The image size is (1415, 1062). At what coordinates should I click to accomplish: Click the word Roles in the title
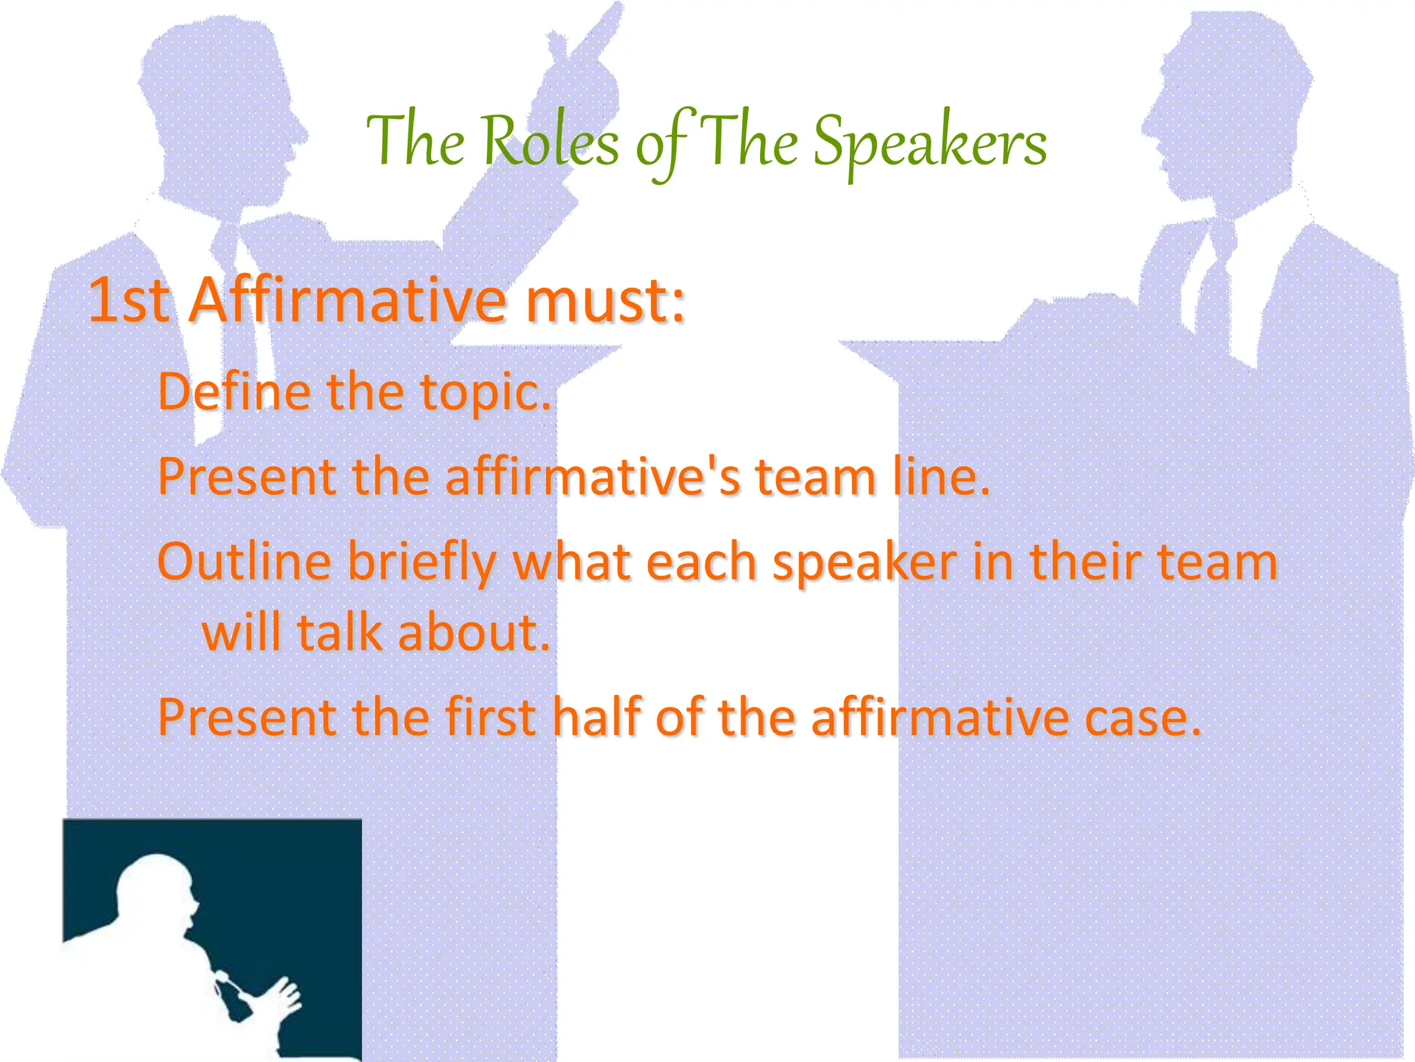550,142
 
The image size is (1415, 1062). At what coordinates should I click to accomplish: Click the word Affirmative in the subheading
348,301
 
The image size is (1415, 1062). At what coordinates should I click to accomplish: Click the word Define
234,391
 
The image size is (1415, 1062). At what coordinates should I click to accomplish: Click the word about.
474,633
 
